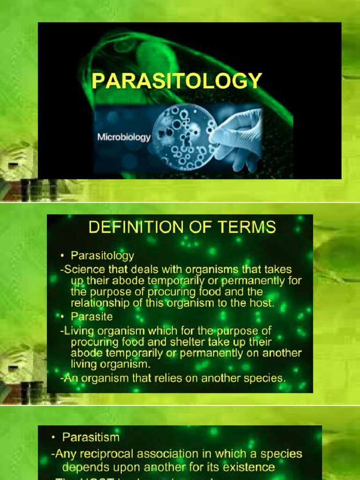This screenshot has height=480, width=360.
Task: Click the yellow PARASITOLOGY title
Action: coord(176,81)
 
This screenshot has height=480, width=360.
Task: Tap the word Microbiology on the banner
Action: coord(124,137)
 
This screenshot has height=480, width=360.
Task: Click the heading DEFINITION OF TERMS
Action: coord(182,228)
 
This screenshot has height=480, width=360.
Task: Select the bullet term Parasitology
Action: coord(102,256)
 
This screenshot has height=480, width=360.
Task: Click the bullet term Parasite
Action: coord(91,317)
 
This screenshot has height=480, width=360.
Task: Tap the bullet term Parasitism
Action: coord(91,437)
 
